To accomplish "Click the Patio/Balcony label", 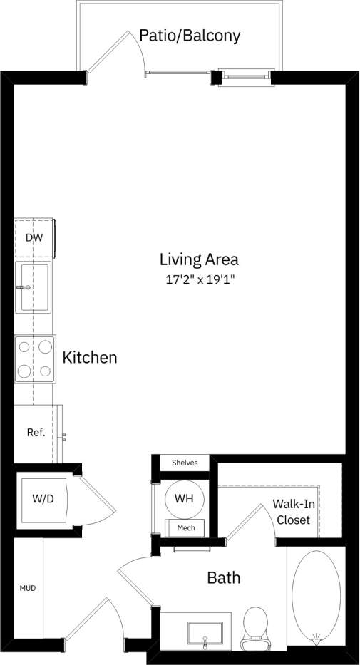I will click(x=190, y=35).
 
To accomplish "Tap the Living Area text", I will click(x=199, y=259).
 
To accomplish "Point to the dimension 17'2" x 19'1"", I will click(x=200, y=279).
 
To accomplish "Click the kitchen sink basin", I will click(x=35, y=287).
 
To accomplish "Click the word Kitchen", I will click(x=90, y=357).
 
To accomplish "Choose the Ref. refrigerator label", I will click(x=36, y=433).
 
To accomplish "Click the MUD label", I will click(x=27, y=588).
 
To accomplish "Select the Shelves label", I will click(x=184, y=463).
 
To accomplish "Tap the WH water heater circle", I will click(x=184, y=498).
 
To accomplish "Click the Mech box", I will click(x=185, y=528).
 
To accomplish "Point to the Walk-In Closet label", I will click(x=293, y=512).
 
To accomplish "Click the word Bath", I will click(x=224, y=577).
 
